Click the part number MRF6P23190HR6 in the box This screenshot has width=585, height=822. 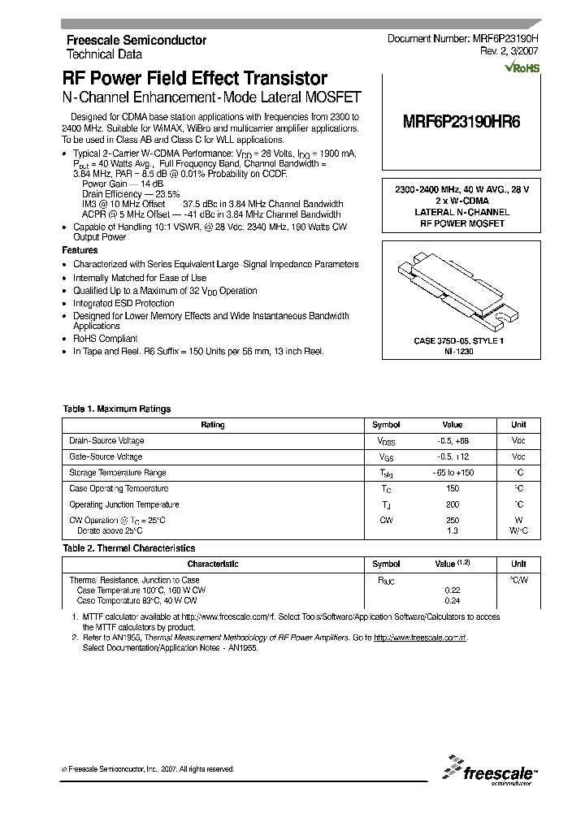tap(461, 124)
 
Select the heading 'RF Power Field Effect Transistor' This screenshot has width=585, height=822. tap(195, 79)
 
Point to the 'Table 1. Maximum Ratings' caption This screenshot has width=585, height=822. tap(117, 409)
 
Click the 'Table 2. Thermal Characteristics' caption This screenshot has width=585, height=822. tap(129, 548)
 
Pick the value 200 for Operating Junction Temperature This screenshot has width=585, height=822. tap(453, 504)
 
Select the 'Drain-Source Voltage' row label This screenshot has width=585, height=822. tap(106, 440)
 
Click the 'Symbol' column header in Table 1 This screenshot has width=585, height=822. tap(386, 425)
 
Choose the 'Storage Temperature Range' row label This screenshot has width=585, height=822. tap(117, 473)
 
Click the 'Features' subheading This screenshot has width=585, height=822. tap(80, 251)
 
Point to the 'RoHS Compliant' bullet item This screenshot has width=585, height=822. tap(105, 339)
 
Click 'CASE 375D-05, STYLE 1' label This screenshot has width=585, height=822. tap(459, 342)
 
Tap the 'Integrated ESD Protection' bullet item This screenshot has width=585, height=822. tap(123, 303)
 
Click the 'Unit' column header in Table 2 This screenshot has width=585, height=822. tap(518, 564)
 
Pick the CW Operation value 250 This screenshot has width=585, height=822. tap(453, 520)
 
